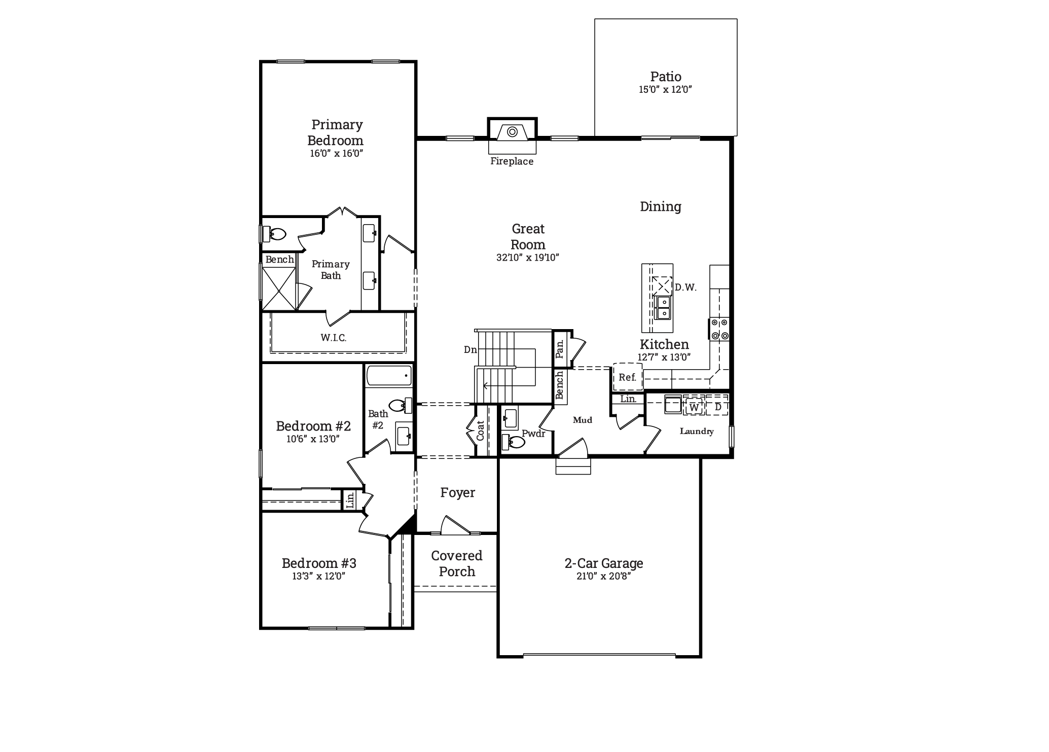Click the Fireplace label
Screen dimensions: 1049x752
click(512, 161)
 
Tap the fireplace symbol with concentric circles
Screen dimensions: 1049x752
click(512, 132)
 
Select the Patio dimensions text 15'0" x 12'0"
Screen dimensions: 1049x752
click(665, 90)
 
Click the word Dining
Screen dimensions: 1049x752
click(660, 206)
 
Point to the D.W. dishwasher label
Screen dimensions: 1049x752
click(685, 288)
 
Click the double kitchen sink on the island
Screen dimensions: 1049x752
click(663, 308)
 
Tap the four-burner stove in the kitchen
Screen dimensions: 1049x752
click(719, 329)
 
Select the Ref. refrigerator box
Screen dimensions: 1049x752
click(628, 377)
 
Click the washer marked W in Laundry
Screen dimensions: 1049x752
click(694, 407)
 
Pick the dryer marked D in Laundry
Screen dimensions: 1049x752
click(717, 407)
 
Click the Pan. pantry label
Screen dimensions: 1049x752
click(560, 349)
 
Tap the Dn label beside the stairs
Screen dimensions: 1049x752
click(470, 349)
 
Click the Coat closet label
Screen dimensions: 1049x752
click(481, 430)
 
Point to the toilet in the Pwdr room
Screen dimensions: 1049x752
click(514, 443)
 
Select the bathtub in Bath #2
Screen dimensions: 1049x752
click(389, 376)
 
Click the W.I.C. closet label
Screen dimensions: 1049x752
click(334, 338)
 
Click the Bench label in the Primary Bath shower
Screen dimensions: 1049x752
click(279, 260)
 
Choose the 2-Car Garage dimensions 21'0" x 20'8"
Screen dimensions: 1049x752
click(603, 576)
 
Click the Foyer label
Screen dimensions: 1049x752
click(457, 493)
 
